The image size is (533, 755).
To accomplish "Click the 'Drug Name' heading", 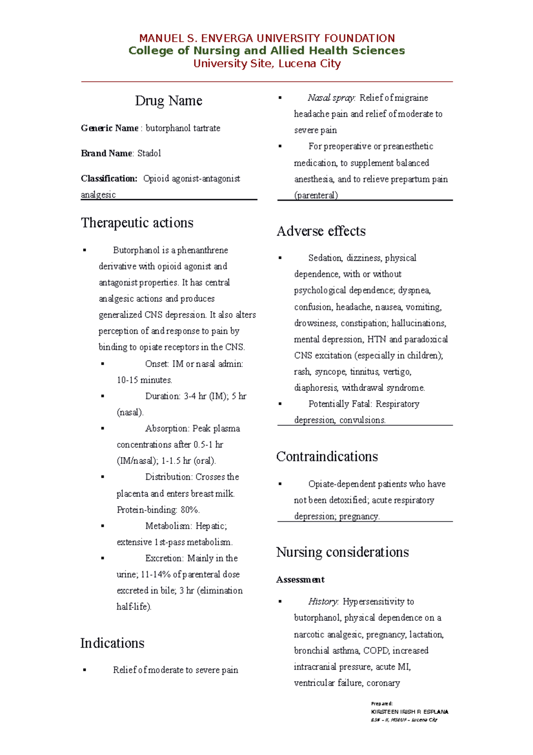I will (168, 101).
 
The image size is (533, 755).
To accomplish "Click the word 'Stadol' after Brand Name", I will (149, 153).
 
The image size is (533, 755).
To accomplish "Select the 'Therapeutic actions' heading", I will (137, 223).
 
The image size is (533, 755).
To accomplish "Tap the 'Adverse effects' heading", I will (321, 231).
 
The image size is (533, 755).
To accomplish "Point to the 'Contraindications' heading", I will (327, 457).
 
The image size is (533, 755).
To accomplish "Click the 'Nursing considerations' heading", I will (342, 552).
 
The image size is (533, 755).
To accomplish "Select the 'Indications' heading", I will (112, 643).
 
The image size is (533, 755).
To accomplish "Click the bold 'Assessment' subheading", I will (300, 580).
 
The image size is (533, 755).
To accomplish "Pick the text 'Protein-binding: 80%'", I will (158, 510).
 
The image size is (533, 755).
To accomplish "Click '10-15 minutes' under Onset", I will (144, 380).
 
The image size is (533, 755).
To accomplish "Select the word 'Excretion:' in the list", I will (164, 558).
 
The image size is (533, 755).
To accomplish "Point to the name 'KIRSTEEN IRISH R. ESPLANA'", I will (410, 712).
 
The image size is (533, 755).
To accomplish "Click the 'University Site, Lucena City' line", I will (266, 64).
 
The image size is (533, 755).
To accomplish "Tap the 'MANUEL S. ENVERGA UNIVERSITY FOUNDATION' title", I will (266, 38).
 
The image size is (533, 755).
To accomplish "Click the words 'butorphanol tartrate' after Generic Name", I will (183, 129).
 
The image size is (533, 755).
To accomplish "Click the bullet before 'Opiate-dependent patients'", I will (280, 484).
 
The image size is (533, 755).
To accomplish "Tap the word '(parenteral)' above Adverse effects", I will (316, 195).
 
